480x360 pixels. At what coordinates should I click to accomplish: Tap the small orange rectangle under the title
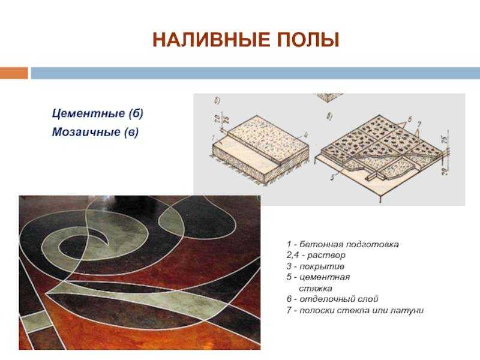coord(14,73)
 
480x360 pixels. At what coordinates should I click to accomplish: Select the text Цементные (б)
coord(97,113)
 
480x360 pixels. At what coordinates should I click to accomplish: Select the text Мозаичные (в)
coord(95,131)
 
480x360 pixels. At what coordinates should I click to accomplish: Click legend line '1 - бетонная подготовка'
coord(342,245)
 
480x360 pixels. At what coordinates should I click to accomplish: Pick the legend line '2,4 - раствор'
coord(316,256)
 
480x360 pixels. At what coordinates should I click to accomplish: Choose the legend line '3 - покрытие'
coord(315,266)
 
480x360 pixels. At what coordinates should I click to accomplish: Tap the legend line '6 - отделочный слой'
coord(332,299)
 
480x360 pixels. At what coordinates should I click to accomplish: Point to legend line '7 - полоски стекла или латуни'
coord(355,310)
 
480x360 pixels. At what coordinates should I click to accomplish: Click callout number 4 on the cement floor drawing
coord(305,135)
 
